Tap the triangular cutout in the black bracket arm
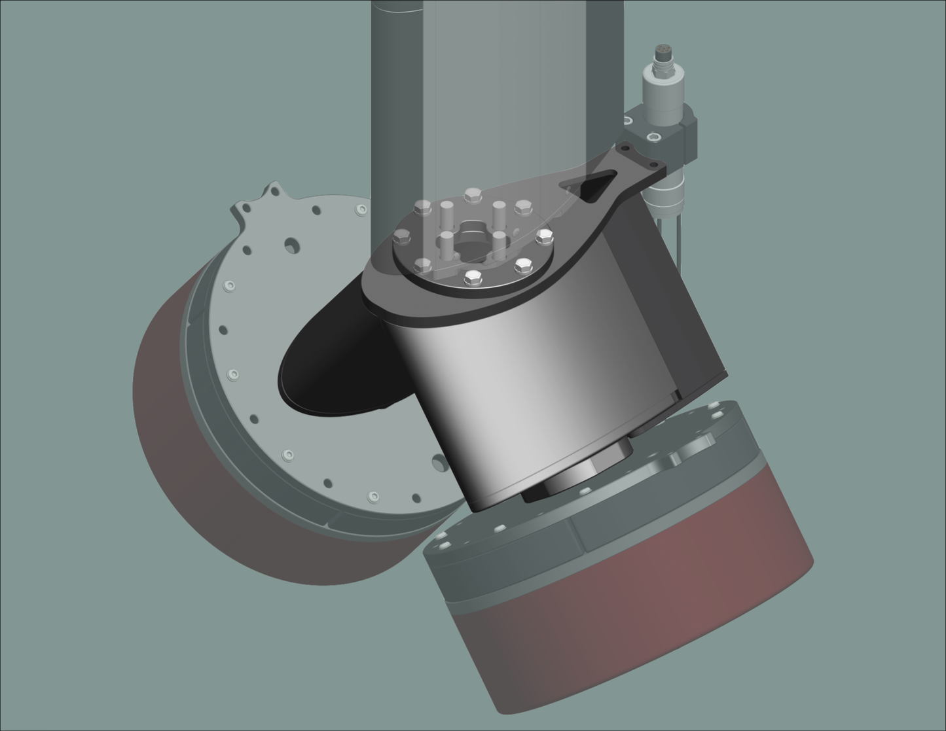click(x=596, y=184)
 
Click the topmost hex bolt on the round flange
click(x=473, y=195)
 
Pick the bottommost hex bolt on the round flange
click(x=471, y=279)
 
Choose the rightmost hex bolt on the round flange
click(x=545, y=236)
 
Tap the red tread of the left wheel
click(x=170, y=458)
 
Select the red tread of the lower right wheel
click(x=655, y=628)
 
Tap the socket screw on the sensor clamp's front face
click(x=653, y=137)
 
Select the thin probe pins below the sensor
click(x=678, y=242)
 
